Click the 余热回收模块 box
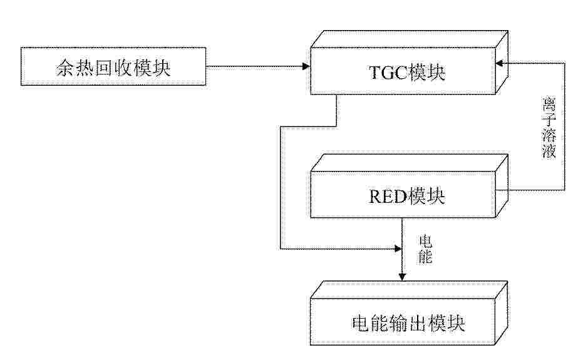coord(113,66)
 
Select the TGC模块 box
coord(409,63)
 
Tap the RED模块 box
coord(409,186)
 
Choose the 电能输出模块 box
coord(409,313)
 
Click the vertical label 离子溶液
coord(549,128)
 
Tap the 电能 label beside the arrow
coord(425,249)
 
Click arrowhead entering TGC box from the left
coord(306,66)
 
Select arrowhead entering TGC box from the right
coord(500,63)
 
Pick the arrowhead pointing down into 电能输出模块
coord(402,277)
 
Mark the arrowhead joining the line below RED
coord(398,249)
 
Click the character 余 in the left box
coord(65,68)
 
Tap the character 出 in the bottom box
coord(418,324)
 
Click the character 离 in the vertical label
coord(549,104)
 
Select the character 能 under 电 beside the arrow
coord(425,257)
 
